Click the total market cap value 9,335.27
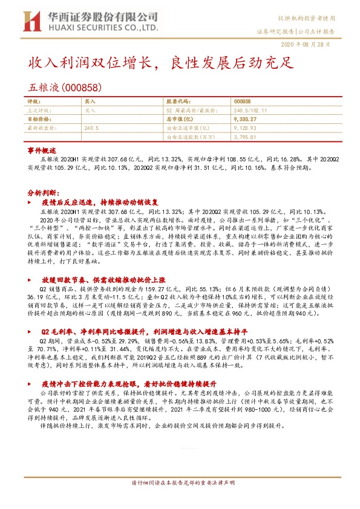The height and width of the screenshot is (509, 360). [x=244, y=120]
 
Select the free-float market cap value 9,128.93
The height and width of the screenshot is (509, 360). [x=244, y=129]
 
